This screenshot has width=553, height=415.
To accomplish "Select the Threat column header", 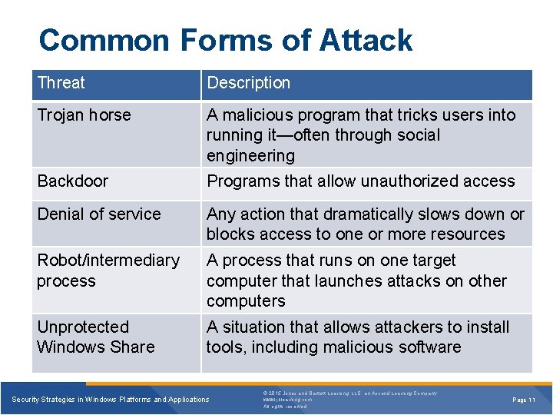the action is [x=61, y=83].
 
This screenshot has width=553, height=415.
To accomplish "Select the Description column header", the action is [x=249, y=83].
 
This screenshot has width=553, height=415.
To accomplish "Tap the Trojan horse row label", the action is [x=84, y=115].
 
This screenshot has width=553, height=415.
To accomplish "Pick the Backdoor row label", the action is [x=73, y=181].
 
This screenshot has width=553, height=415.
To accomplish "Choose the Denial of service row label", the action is [x=99, y=214].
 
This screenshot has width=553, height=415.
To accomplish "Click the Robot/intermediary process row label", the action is [x=108, y=271].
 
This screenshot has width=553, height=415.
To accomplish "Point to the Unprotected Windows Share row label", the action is [x=96, y=337].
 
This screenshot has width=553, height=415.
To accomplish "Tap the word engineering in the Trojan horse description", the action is [x=250, y=156].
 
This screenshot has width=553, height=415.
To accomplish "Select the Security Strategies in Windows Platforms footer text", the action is [x=111, y=400].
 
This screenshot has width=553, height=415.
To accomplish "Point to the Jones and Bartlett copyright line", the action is [x=349, y=393].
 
